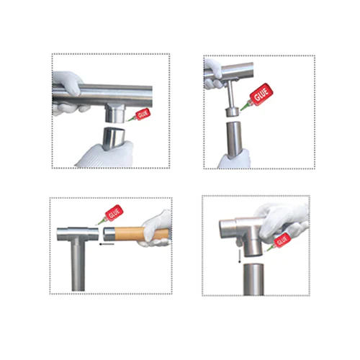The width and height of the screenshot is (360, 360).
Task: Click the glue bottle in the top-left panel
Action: (140, 115)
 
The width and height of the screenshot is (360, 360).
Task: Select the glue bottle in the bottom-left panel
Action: (111, 215)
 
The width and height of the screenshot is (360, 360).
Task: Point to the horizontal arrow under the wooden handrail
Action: (107, 244)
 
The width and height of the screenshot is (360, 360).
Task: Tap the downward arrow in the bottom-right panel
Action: (240, 256)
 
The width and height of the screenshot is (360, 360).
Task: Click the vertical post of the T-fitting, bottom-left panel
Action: (78, 265)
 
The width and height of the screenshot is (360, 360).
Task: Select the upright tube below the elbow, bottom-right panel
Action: (253, 279)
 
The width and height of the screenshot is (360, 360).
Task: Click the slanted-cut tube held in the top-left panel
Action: (114, 138)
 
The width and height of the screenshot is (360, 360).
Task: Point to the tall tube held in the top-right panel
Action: (234, 140)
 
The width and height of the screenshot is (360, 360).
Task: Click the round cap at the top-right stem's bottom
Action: (233, 112)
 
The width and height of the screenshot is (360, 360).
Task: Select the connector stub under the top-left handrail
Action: (115, 113)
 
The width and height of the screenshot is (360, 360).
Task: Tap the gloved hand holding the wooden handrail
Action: (156, 228)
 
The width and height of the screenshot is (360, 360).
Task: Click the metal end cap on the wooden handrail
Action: (109, 234)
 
